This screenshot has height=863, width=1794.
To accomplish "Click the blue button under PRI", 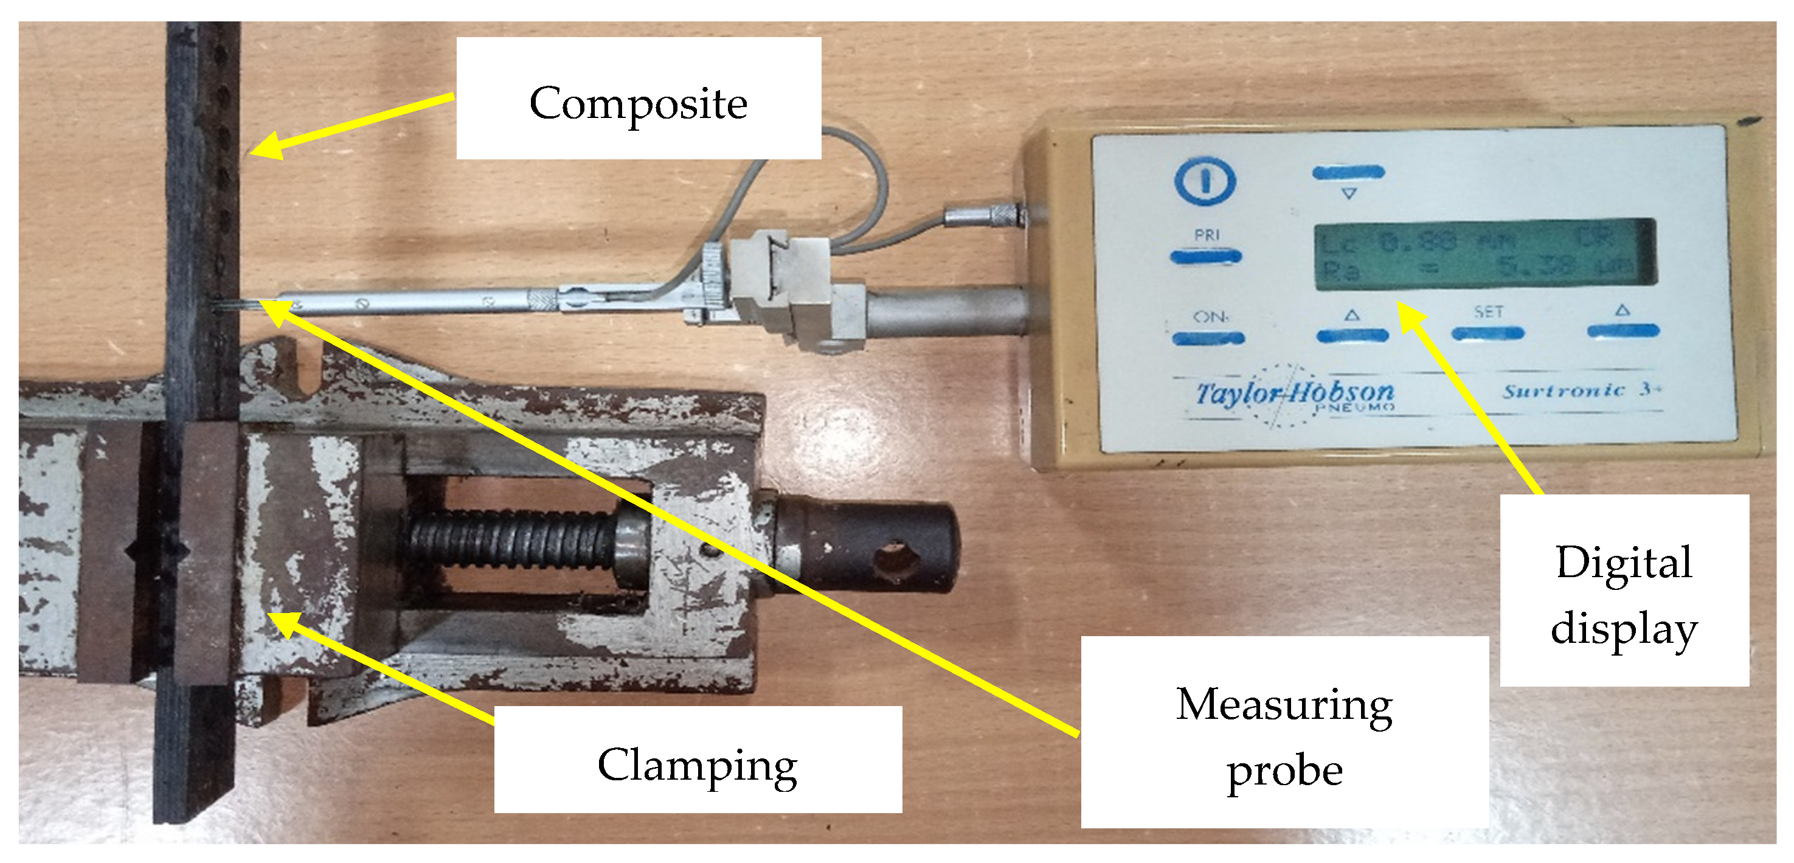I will coord(1205,257).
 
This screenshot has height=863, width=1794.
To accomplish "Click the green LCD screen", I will coord(1483,254).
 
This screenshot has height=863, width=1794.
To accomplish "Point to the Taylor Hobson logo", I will coord(1294,394).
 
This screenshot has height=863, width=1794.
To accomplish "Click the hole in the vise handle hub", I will coord(896,560).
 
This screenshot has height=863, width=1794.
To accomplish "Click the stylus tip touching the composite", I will coord(221,304).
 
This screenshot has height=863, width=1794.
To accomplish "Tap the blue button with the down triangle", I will coord(1348,172).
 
